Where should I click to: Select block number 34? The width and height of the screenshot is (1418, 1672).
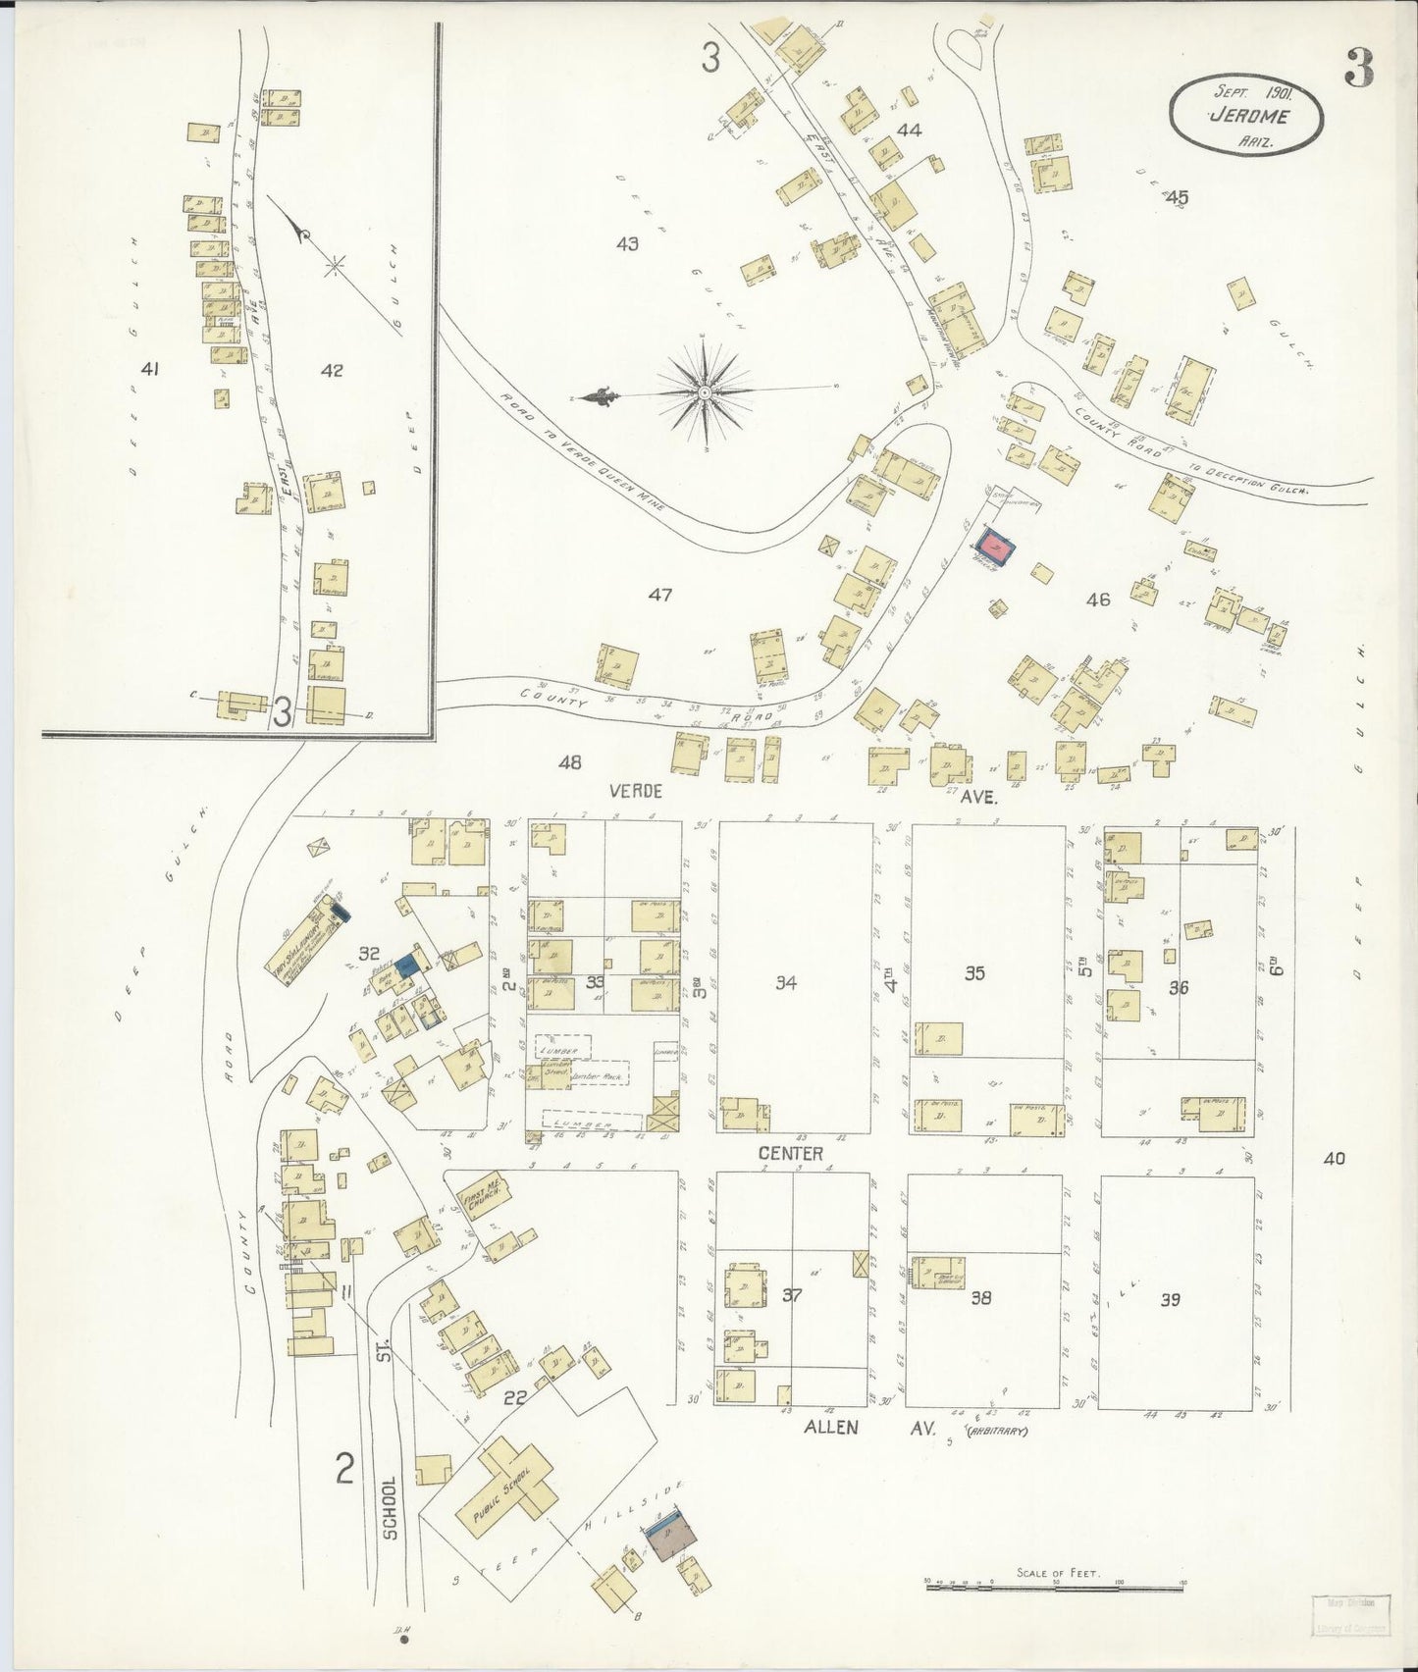click(x=786, y=982)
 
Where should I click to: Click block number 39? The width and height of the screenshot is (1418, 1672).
click(x=1170, y=1299)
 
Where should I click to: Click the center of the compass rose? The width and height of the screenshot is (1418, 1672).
click(x=706, y=392)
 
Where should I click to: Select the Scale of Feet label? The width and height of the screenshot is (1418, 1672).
click(x=1058, y=1573)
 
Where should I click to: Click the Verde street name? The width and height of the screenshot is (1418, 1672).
click(x=636, y=791)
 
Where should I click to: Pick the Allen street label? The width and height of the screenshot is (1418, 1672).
click(x=831, y=1428)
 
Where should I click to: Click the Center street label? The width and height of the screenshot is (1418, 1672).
click(x=790, y=1154)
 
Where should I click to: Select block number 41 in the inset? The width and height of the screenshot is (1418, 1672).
click(x=149, y=370)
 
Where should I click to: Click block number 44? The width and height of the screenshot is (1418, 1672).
click(x=909, y=131)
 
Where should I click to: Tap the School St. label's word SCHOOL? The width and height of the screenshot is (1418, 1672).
click(x=390, y=1507)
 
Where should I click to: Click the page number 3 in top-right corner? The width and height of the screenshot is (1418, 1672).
click(x=1358, y=69)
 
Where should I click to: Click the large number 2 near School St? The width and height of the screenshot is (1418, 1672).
click(x=344, y=1469)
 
